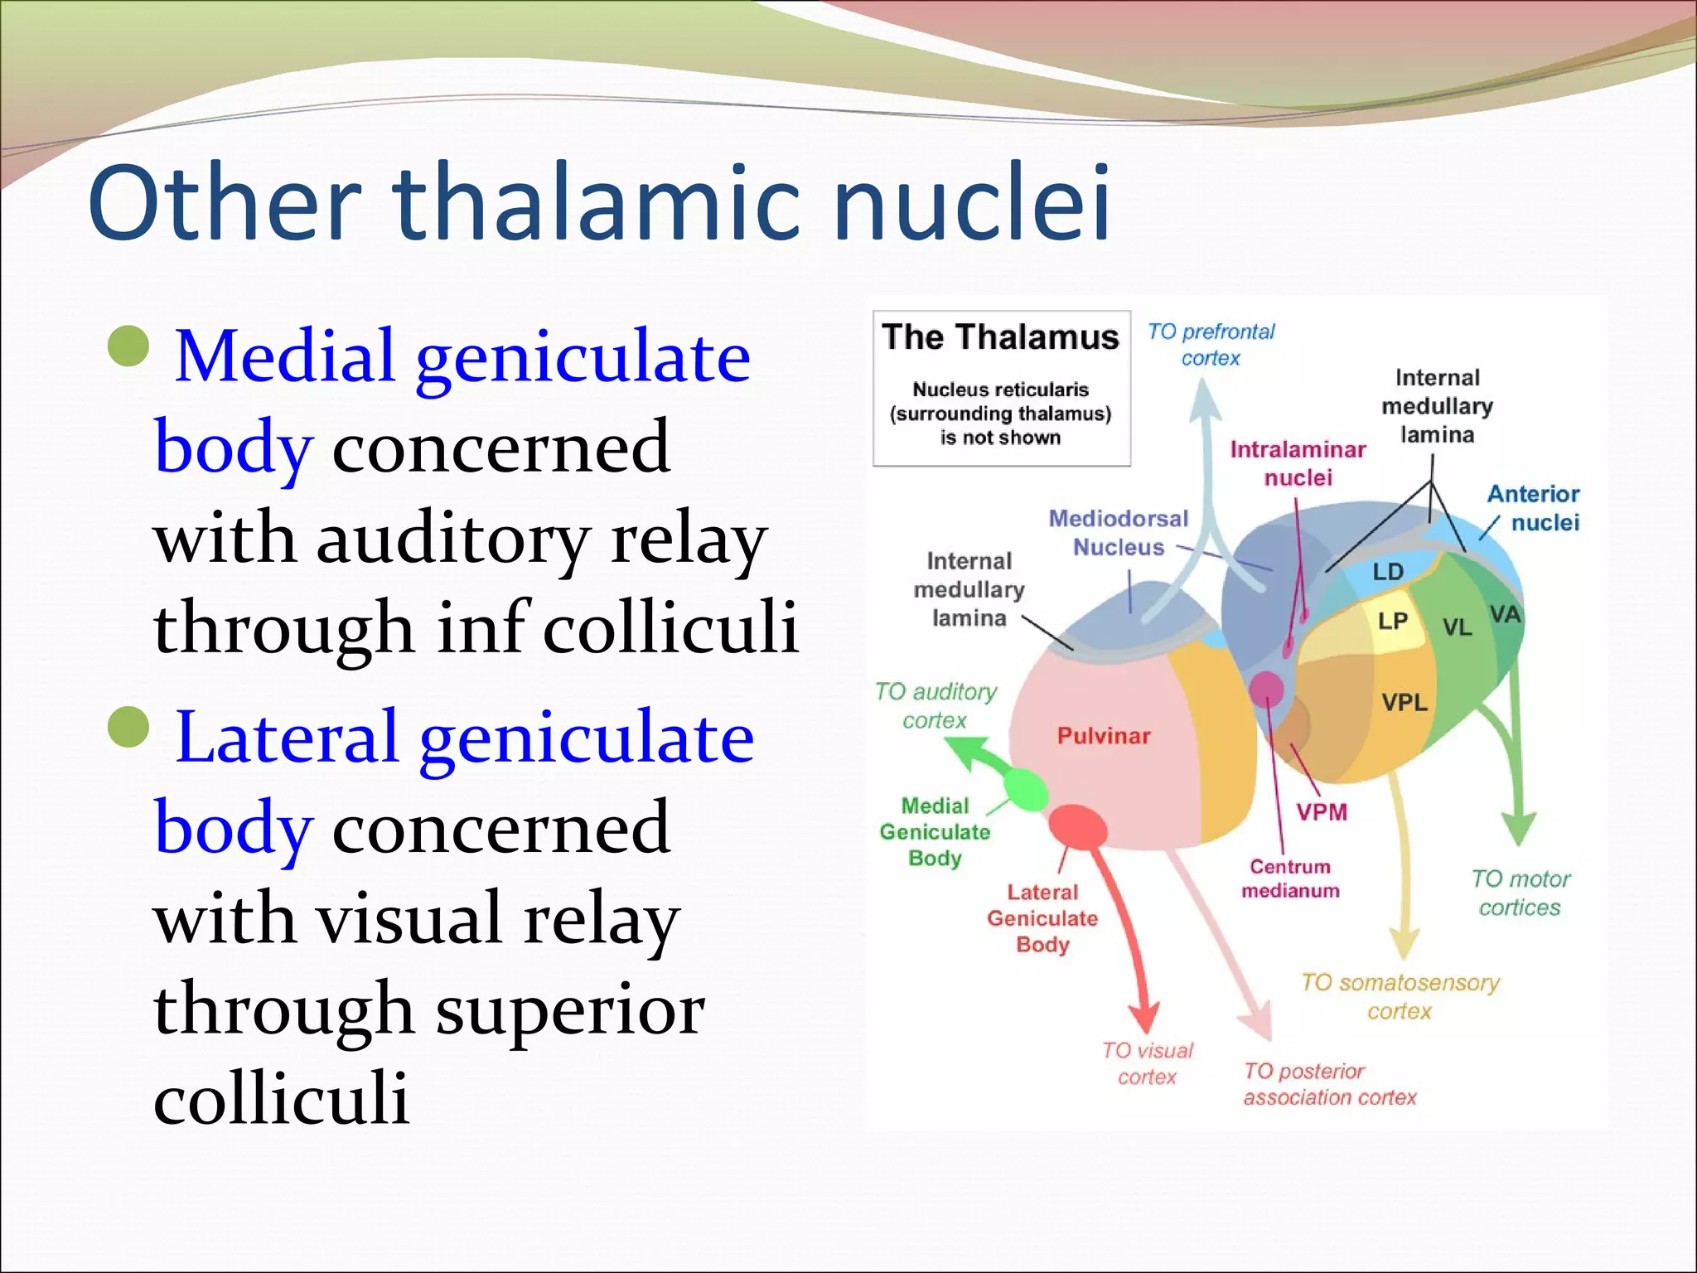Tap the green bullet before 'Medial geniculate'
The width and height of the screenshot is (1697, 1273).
coord(129,347)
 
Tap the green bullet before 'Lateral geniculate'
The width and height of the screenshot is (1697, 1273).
coord(129,728)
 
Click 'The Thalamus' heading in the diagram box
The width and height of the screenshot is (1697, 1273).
coord(1000,337)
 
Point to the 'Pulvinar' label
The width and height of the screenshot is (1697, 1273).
coord(1104,736)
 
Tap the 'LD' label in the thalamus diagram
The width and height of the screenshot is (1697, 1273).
coord(1388,572)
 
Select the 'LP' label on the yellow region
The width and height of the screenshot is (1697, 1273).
coord(1393,621)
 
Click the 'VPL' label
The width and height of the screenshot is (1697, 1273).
coord(1404,703)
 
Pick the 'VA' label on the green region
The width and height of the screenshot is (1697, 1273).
coord(1505,615)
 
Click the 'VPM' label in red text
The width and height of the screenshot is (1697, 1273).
coord(1322,812)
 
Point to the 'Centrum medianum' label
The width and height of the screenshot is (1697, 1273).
coord(1290,879)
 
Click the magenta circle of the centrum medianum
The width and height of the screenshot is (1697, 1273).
coord(1266,688)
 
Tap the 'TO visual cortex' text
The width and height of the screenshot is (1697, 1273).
coord(1147,1063)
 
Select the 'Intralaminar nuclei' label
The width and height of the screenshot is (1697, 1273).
coord(1298,463)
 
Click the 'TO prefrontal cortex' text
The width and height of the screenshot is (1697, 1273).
coord(1211,345)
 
